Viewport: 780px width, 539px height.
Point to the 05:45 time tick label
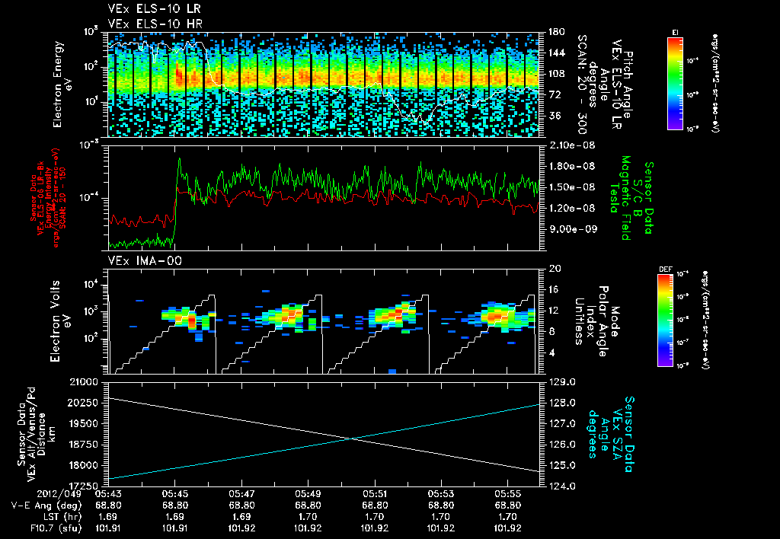click(175, 493)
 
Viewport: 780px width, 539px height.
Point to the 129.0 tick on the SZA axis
click(561, 381)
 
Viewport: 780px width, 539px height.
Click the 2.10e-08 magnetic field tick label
click(571, 145)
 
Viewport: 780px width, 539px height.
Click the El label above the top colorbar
click(675, 32)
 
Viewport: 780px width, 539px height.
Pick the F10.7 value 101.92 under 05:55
click(508, 528)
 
